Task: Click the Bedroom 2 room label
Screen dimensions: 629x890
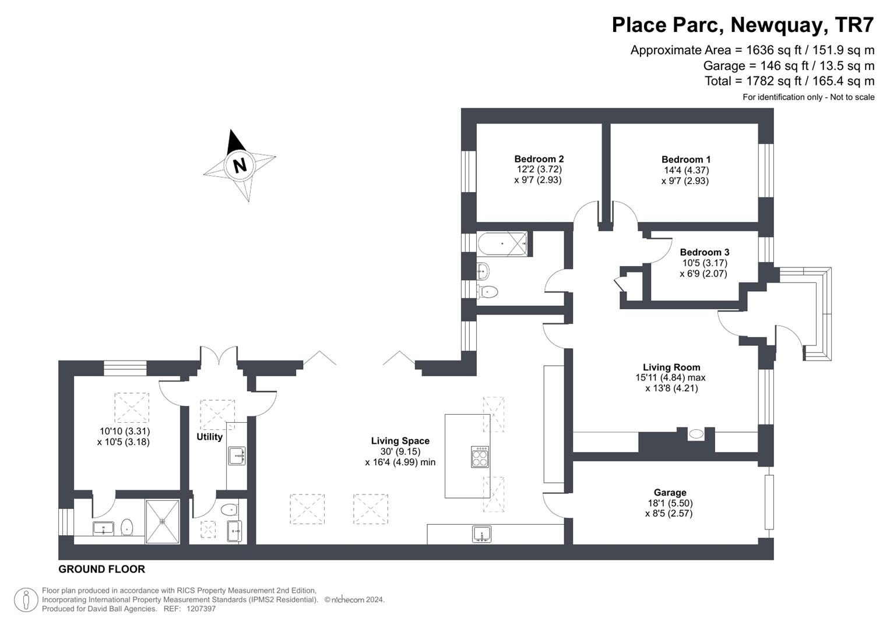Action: pyautogui.click(x=539, y=159)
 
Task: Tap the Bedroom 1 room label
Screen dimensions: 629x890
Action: pyautogui.click(x=685, y=160)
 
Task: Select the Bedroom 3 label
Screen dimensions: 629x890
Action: pyautogui.click(x=704, y=252)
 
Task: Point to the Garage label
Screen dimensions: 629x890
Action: pyautogui.click(x=670, y=493)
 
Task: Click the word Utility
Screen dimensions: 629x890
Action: pyautogui.click(x=209, y=437)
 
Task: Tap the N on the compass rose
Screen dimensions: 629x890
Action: pyautogui.click(x=239, y=165)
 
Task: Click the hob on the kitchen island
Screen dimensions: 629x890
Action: pyautogui.click(x=480, y=457)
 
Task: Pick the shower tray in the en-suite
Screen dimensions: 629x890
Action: pyautogui.click(x=162, y=521)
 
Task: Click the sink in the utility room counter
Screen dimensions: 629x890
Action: pyautogui.click(x=237, y=456)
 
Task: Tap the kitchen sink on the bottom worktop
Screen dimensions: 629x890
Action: pyautogui.click(x=481, y=534)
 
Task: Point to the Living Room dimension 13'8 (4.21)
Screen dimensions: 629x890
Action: pyautogui.click(x=671, y=388)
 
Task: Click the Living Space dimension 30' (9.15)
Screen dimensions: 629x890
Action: pyautogui.click(x=400, y=451)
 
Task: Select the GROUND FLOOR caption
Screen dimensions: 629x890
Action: pyautogui.click(x=101, y=569)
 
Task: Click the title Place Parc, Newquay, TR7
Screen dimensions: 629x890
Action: pyautogui.click(x=743, y=25)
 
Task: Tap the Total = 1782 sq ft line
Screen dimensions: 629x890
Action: pyautogui.click(x=789, y=81)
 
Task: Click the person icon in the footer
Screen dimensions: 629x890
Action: pyautogui.click(x=26, y=600)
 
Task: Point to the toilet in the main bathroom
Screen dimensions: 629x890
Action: pyautogui.click(x=487, y=291)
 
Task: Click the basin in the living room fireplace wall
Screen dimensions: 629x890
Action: pyautogui.click(x=696, y=434)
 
